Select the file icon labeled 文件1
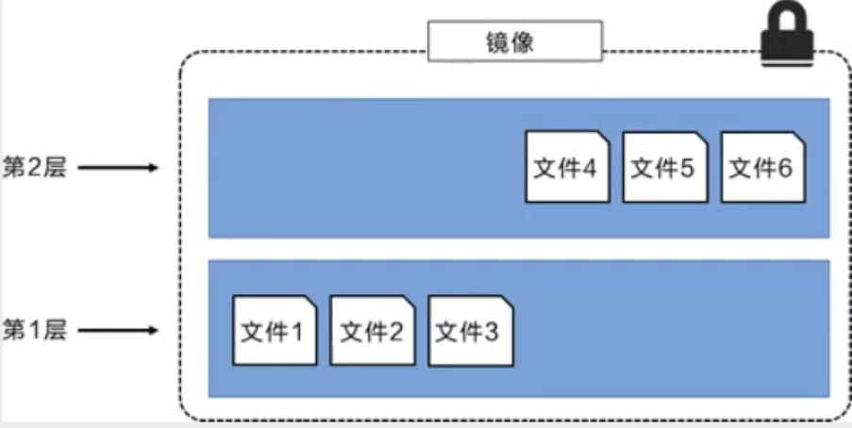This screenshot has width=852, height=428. [274, 331]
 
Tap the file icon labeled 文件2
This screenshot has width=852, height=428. [372, 331]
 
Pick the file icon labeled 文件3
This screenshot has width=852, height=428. [470, 331]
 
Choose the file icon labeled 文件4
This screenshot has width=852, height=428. [567, 167]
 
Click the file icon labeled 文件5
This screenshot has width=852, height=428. [664, 167]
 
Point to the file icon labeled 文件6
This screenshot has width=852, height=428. [762, 167]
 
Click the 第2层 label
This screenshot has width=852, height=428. [35, 168]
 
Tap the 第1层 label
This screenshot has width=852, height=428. [35, 331]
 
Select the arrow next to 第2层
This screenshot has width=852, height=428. [117, 169]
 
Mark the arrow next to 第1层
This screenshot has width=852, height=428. [117, 331]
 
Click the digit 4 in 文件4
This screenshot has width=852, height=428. [590, 168]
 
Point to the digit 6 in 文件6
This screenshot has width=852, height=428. [785, 168]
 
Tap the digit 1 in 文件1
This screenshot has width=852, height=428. [297, 332]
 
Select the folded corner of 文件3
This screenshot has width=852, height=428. [507, 303]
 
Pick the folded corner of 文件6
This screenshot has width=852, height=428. [799, 139]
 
